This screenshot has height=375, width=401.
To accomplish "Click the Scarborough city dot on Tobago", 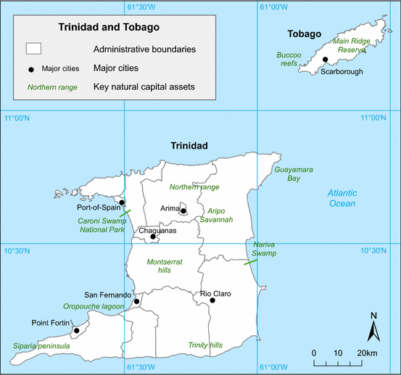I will [x=326, y=60].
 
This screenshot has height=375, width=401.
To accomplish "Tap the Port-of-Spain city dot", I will [x=122, y=203].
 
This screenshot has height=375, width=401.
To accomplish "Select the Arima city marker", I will [x=183, y=212].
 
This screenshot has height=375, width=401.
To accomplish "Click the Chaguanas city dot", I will [x=152, y=236].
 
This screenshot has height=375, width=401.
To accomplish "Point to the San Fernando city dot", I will [x=136, y=300].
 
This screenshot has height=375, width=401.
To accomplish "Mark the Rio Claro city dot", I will [x=212, y=300].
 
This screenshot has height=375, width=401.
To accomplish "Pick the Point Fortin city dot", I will [x=76, y=331].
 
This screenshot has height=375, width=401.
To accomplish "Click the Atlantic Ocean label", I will [x=341, y=198].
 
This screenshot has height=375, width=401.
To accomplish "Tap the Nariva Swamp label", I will [x=264, y=249].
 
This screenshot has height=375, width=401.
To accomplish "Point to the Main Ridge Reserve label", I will [x=351, y=46].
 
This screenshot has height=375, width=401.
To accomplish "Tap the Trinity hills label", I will [x=205, y=345].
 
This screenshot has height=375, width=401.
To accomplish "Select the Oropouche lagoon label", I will [x=94, y=307].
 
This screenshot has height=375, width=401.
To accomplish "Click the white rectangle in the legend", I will [x=34, y=49].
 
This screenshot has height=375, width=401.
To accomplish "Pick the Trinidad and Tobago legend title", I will [x=109, y=28].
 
